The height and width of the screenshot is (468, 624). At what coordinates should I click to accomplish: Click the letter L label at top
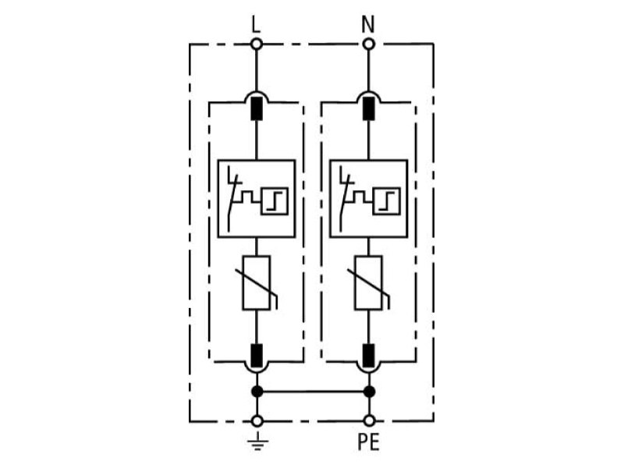[x=256, y=24]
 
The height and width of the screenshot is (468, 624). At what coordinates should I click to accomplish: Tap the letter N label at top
[x=368, y=24]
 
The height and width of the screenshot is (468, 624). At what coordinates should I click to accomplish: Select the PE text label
[x=368, y=441]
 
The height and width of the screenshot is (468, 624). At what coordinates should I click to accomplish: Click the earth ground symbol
[x=257, y=441]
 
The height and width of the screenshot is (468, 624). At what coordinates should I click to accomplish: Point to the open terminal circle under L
[x=257, y=44]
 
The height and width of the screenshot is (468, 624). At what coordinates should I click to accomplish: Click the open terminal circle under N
[x=369, y=44]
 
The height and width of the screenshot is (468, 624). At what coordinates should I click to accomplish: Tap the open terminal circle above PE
[x=369, y=420]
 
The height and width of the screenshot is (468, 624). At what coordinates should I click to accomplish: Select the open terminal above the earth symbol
[x=257, y=420]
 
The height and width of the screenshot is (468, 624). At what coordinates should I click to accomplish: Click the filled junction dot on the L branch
[x=257, y=392]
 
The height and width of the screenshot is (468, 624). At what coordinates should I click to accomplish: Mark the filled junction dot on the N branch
[x=369, y=392]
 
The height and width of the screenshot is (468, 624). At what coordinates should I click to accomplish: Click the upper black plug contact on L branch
[x=257, y=108]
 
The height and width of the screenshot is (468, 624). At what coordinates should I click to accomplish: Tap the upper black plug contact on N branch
[x=369, y=108]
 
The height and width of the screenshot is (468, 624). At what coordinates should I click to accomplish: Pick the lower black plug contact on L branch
[x=257, y=356]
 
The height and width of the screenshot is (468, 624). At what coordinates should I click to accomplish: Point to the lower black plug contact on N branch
[x=369, y=356]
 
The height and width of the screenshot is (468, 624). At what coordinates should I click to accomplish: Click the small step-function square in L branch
[x=275, y=201]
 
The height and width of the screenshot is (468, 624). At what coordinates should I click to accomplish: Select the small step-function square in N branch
[x=386, y=201]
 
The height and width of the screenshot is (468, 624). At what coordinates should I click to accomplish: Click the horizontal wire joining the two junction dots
[x=314, y=392]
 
